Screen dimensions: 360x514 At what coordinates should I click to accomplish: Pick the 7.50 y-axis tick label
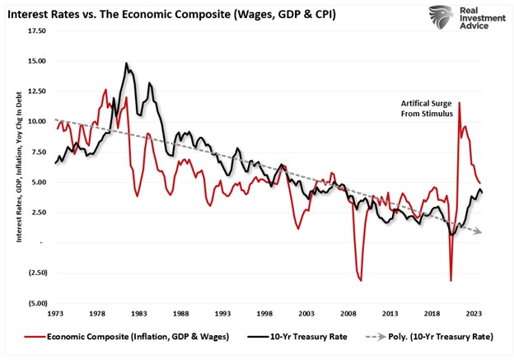37,152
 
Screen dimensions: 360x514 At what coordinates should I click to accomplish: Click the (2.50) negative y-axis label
35,273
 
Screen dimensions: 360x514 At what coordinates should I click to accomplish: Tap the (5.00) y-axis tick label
35,302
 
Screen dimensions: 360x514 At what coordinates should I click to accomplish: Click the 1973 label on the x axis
56,314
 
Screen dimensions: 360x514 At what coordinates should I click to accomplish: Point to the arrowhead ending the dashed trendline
479,231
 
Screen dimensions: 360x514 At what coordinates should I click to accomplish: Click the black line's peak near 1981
127,63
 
